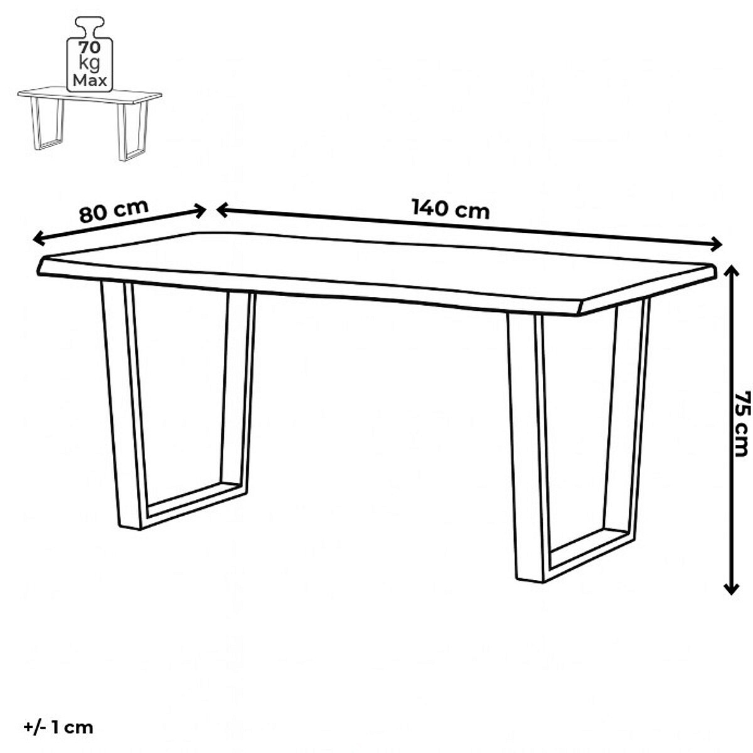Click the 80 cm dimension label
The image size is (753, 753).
click(x=114, y=211)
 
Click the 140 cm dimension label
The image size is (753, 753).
click(x=450, y=209)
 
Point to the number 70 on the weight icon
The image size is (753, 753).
click(x=90, y=48)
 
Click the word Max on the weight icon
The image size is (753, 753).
click(x=90, y=80)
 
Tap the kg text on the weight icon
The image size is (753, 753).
click(x=89, y=64)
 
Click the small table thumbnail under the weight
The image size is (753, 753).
click(x=90, y=123)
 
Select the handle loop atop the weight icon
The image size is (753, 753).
click(x=90, y=27)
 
